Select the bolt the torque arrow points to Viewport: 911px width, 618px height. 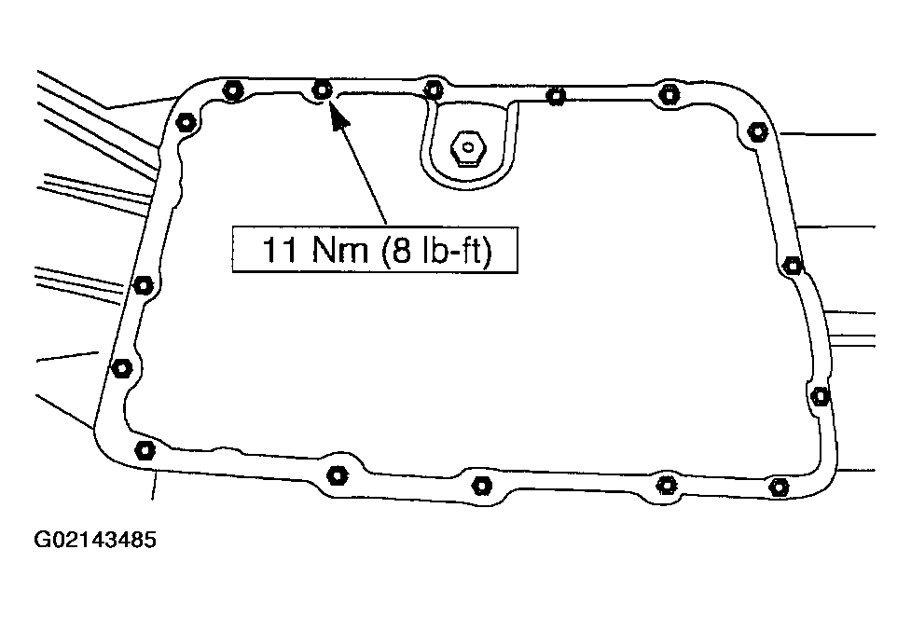coord(322,89)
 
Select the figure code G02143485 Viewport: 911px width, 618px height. coord(95,542)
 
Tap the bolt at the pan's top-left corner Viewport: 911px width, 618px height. coord(185,121)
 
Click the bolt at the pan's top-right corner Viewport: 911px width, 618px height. coord(757,131)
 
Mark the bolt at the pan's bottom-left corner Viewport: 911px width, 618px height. coord(145,450)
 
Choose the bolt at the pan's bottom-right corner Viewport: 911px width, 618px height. coord(779,486)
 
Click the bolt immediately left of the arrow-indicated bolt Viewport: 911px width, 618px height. coord(232,90)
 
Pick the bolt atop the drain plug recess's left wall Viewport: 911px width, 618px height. coord(432,89)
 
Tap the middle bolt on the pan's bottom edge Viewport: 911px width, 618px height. coord(482,484)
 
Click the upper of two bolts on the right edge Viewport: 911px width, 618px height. coord(793,266)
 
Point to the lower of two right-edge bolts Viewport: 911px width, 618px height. coord(821,396)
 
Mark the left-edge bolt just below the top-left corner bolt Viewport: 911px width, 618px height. coord(143,284)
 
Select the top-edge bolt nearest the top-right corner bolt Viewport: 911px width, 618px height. coord(668,93)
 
